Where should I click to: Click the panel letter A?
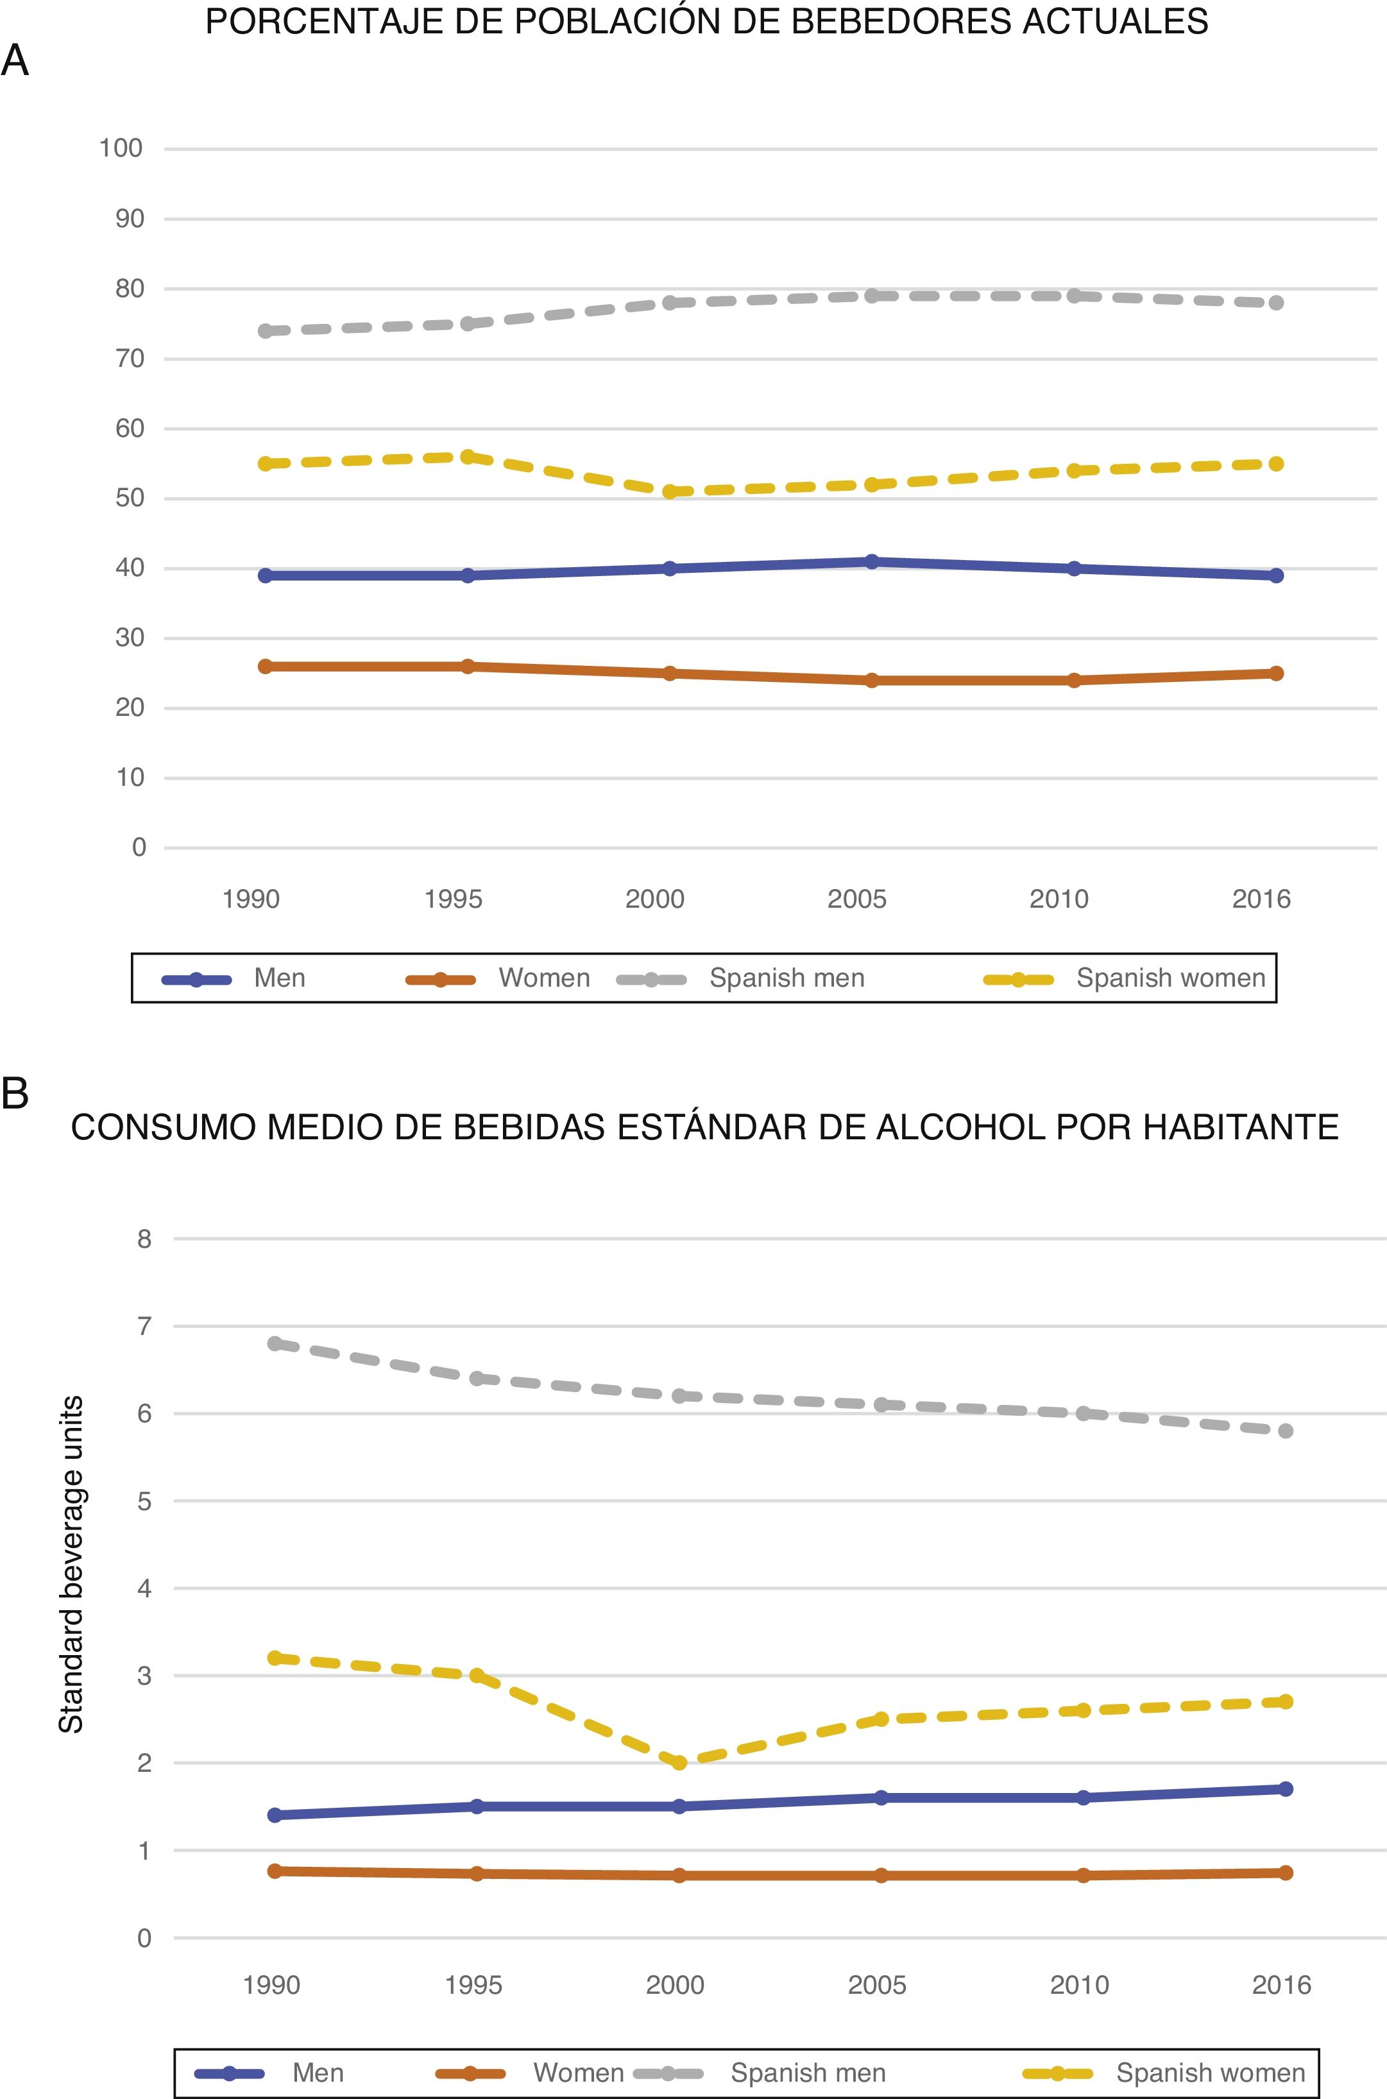pos(15,62)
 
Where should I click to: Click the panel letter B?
pos(15,1093)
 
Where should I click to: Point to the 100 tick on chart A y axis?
pos(121,149)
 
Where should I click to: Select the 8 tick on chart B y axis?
pos(144,1239)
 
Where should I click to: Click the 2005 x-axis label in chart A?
pos(856,899)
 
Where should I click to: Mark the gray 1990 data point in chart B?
pos(275,1343)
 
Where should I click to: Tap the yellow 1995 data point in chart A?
pos(468,456)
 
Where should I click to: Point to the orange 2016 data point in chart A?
pos(1275,673)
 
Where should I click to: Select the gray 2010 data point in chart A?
pos(1074,296)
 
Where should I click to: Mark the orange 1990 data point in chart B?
pos(275,1871)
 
